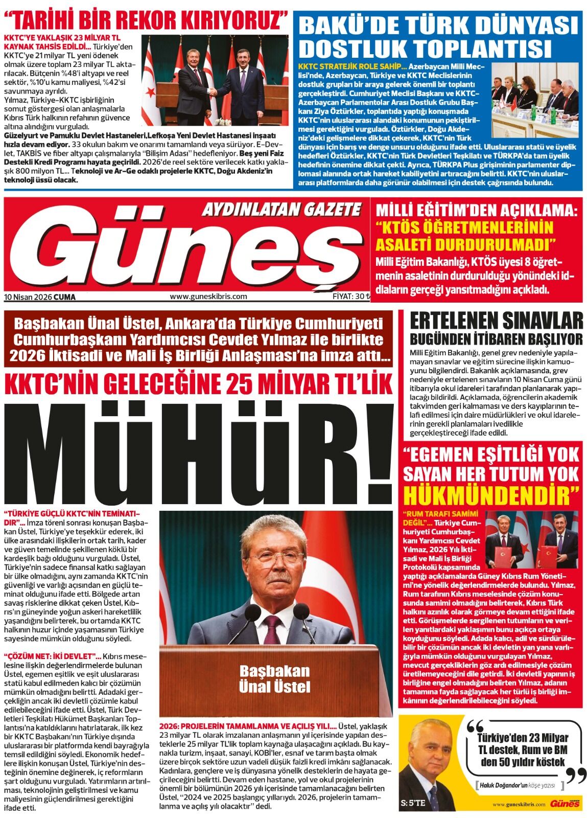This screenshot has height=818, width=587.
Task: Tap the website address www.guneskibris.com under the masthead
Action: pos(208,296)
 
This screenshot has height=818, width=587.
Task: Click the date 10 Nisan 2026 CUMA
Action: pos(39,297)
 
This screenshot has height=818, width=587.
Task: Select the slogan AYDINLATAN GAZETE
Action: pos(281,209)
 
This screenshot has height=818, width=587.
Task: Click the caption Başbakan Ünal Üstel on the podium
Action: pos(274,678)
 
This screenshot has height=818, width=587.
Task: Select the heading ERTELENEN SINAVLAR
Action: pos(496,321)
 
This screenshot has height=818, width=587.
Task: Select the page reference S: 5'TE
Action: pos(414,803)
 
